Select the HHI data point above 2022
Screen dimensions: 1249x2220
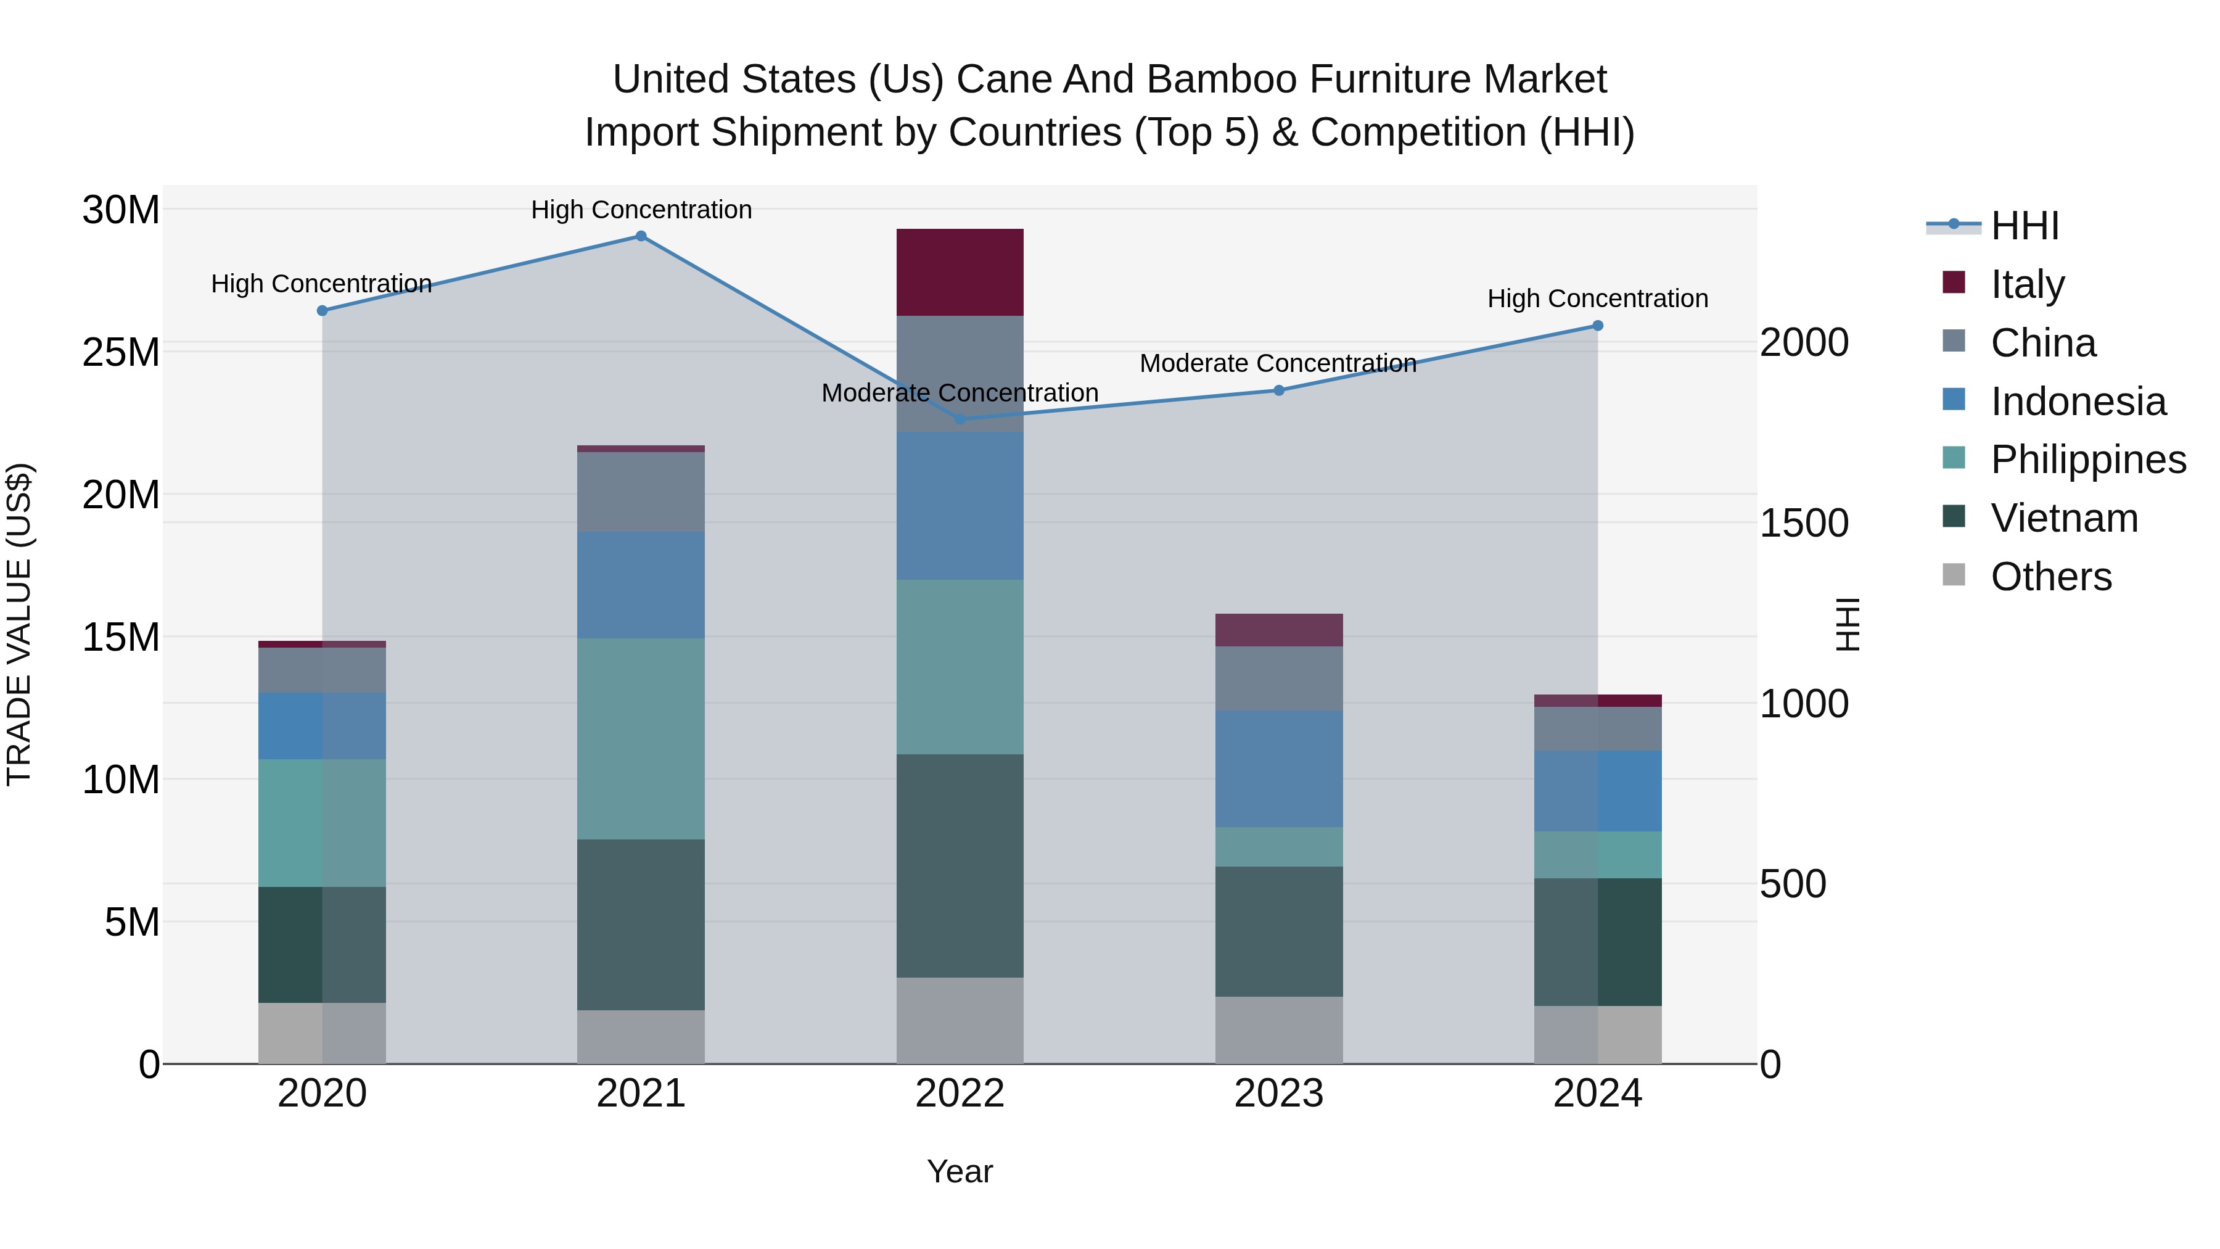click(960, 420)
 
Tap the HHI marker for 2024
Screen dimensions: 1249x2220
click(1597, 326)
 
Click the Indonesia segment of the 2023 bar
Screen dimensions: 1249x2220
click(1278, 769)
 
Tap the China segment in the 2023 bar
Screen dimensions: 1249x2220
click(1278, 678)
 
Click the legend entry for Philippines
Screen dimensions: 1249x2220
click(2087, 460)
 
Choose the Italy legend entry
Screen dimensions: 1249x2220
click(2027, 284)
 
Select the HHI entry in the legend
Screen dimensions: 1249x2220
click(2023, 226)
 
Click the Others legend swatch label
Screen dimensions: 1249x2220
click(2050, 577)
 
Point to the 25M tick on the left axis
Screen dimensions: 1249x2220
click(121, 353)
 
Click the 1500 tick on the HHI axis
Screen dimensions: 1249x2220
click(1804, 523)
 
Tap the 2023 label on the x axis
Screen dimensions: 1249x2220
click(1278, 1094)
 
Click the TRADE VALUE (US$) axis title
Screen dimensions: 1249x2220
click(20, 624)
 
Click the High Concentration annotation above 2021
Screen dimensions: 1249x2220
click(641, 210)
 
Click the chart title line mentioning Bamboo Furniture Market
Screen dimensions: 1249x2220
click(1109, 80)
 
